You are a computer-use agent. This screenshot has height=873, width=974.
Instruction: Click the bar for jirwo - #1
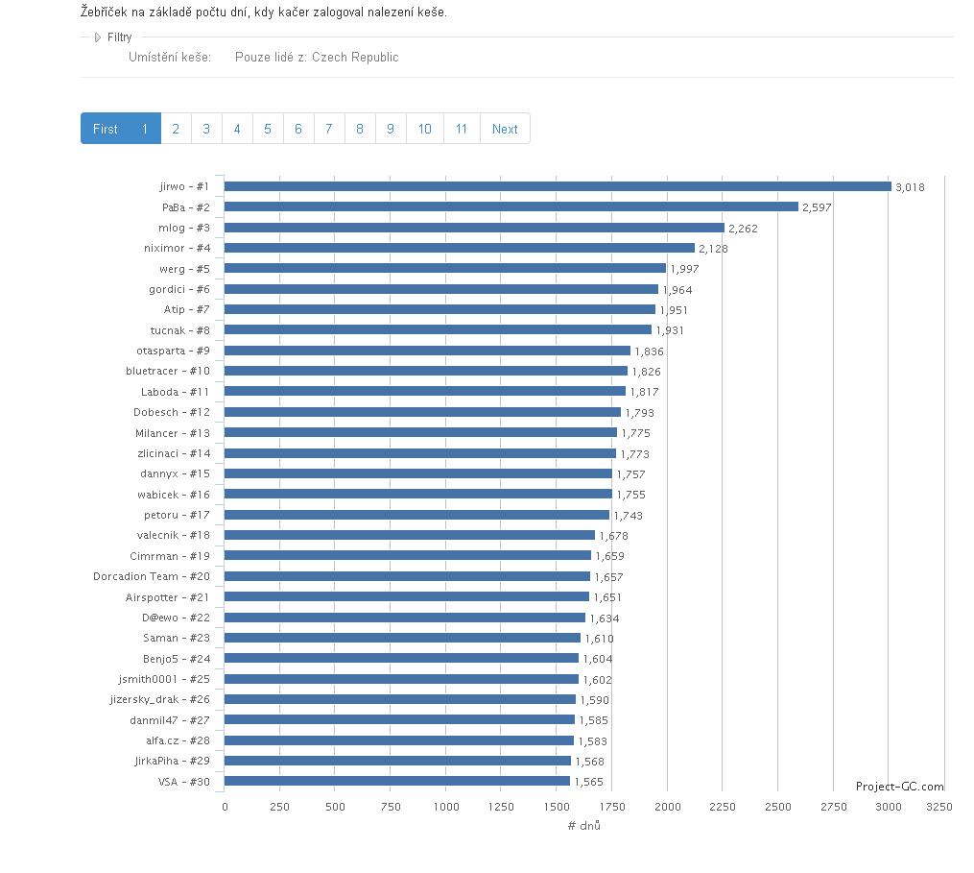point(558,186)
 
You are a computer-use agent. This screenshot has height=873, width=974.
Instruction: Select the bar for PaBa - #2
point(511,206)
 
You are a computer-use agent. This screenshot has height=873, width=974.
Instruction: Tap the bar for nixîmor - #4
point(459,248)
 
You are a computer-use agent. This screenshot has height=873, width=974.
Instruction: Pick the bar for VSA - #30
point(396,782)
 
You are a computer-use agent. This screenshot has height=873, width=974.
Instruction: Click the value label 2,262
point(743,229)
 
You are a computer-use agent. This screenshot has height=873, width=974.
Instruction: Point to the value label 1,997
point(684,269)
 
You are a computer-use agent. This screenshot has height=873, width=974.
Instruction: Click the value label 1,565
point(588,782)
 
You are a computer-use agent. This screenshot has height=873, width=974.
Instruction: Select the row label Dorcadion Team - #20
point(152,576)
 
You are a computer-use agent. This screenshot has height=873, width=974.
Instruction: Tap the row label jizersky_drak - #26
point(159,699)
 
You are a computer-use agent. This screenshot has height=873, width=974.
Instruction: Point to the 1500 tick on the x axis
point(557,807)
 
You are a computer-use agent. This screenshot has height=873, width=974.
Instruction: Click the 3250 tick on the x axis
point(939,807)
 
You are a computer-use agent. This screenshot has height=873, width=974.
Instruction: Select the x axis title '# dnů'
point(583,826)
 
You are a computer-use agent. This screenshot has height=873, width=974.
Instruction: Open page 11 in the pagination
point(462,129)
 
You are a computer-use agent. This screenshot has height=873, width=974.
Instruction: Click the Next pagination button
point(505,129)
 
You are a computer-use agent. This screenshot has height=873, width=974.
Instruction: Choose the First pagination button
point(106,129)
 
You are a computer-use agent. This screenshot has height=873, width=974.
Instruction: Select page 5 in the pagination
point(268,129)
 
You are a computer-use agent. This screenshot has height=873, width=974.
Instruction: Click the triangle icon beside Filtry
point(97,37)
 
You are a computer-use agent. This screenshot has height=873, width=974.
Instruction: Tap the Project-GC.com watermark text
point(899,786)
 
